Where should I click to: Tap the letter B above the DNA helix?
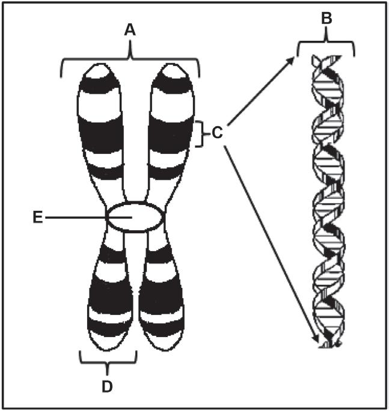tap(326, 19)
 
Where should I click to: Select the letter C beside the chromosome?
tap(217, 133)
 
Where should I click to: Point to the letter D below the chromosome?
tap(108, 386)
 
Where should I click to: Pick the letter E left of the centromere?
tap(37, 217)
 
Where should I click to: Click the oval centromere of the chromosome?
tap(133, 216)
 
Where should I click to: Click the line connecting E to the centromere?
tap(75, 217)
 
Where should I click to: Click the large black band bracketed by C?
tap(174, 133)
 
